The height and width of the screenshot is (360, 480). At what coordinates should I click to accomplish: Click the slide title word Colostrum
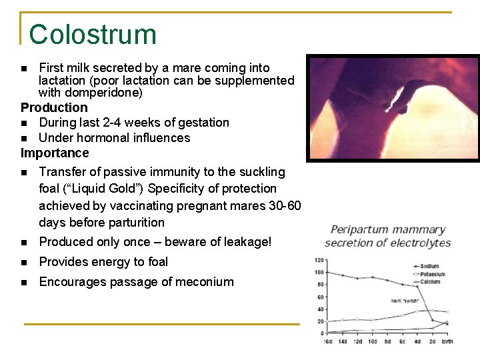point(93,34)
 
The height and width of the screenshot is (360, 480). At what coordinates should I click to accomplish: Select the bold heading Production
point(54,108)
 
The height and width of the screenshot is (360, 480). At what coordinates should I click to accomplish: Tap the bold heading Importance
point(55,153)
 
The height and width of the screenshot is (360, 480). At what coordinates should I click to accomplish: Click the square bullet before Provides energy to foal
point(24,263)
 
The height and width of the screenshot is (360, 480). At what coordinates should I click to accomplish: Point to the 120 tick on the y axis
point(319,260)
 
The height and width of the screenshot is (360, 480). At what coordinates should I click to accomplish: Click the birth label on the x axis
point(447,341)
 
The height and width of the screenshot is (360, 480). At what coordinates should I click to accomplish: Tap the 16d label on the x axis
point(328,341)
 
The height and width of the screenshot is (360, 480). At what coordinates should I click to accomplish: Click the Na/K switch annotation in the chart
point(403,301)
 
